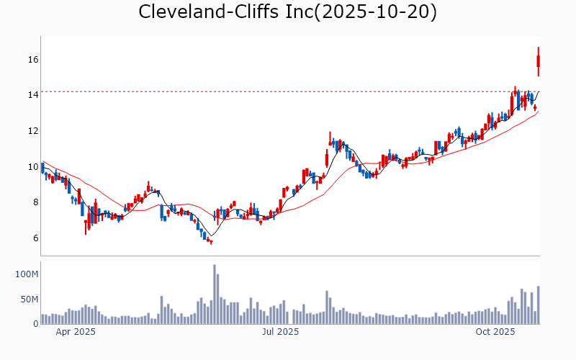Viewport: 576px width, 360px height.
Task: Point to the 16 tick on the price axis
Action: tap(32, 59)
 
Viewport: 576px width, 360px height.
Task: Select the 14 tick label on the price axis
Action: tap(32, 95)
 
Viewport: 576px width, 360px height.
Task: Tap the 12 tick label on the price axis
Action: tap(32, 131)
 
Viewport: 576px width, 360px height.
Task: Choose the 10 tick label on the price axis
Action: tap(32, 166)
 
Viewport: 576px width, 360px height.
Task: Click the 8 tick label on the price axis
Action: tap(34, 202)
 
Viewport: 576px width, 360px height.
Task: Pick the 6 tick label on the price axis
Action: tap(34, 238)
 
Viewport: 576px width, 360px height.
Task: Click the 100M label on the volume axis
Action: tap(27, 274)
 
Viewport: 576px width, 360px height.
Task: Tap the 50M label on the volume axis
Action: tap(29, 299)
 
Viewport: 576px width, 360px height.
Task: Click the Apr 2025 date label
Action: tap(76, 332)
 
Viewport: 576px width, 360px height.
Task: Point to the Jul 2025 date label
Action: tap(280, 332)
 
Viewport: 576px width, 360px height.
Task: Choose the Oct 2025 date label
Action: tap(495, 332)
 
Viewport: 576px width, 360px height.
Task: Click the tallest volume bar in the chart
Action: tap(215, 294)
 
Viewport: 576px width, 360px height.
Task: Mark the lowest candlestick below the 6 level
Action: tap(211, 242)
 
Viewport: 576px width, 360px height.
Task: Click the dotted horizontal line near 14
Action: tap(288, 91)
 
